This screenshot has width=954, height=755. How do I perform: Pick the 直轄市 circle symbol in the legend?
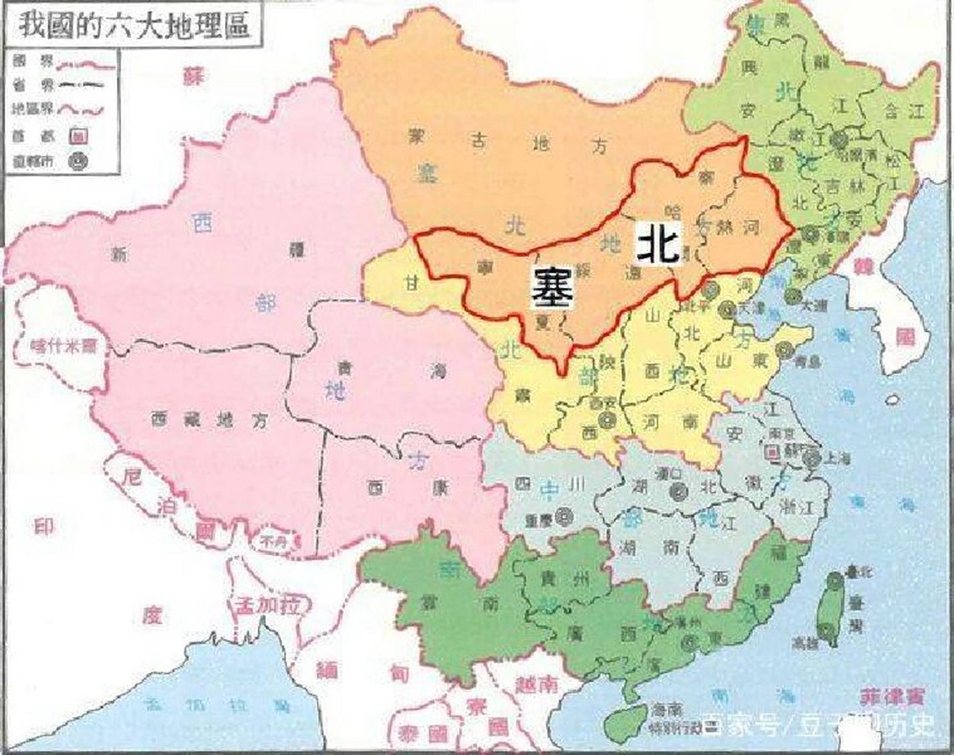click(x=79, y=160)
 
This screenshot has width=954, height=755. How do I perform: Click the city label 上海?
click(x=837, y=457)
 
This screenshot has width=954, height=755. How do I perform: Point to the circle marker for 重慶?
click(x=565, y=517)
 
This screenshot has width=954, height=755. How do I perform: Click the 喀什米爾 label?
click(x=64, y=346)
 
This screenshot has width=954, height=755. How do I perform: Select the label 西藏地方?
click(x=209, y=419)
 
